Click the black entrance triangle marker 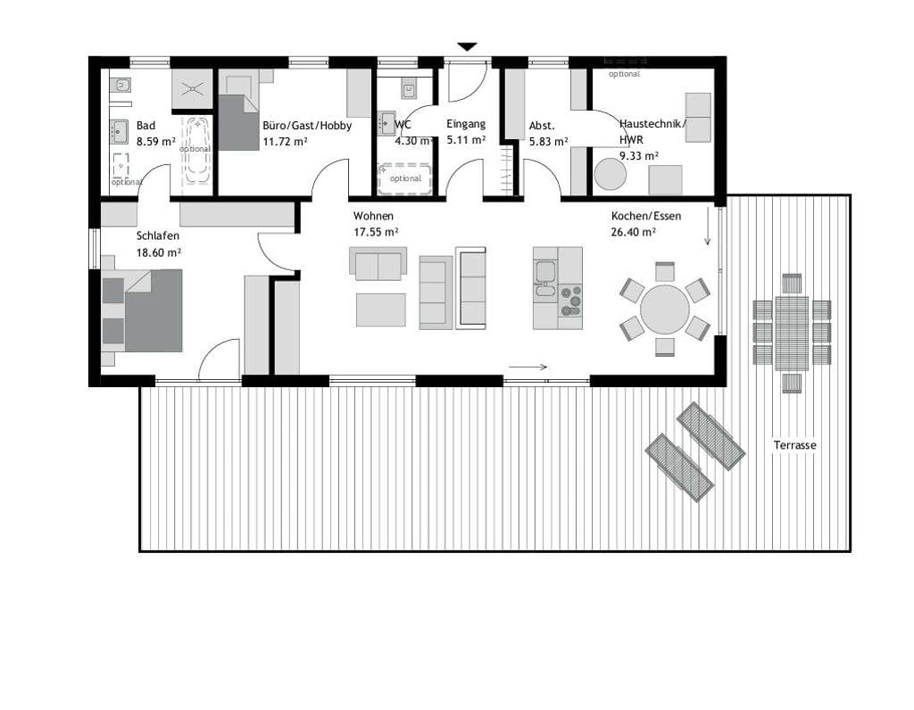pos(467,46)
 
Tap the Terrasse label pos(794,445)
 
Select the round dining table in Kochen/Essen pos(664,310)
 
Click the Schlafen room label pos(157,235)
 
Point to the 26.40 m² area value pos(634,232)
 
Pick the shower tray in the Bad pos(192,88)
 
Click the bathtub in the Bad pos(196,150)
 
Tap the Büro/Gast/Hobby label pos(307,126)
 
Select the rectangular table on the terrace pos(792,334)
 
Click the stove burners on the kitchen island pos(570,301)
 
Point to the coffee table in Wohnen pos(380,310)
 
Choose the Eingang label pos(466,123)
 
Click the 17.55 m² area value pos(376,232)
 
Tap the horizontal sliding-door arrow pos(528,367)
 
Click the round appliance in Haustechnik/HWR pos(610,174)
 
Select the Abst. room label pos(542,126)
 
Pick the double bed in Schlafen pos(142,310)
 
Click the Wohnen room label pos(373,216)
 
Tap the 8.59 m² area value pos(156,141)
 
